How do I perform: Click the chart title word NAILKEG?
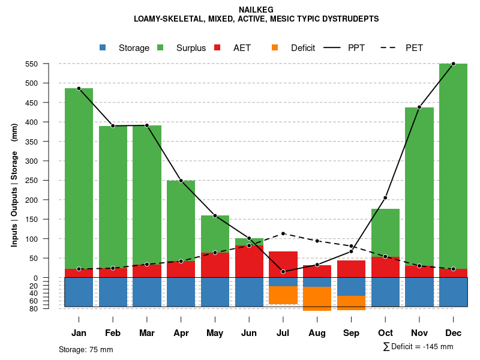point(256,10)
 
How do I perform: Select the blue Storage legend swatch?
point(103,47)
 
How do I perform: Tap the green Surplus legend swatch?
point(160,47)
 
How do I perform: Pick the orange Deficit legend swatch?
point(275,47)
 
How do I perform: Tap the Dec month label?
point(453,333)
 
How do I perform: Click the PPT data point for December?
point(453,64)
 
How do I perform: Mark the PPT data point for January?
point(79,88)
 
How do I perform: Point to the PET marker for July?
point(283,233)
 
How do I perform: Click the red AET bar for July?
point(283,265)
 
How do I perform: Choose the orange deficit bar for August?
point(317,298)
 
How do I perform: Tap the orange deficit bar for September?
point(351,303)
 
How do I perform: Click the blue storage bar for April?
point(181,292)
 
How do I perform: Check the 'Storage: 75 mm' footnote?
point(86,349)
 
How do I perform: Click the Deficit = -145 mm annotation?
point(418,346)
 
